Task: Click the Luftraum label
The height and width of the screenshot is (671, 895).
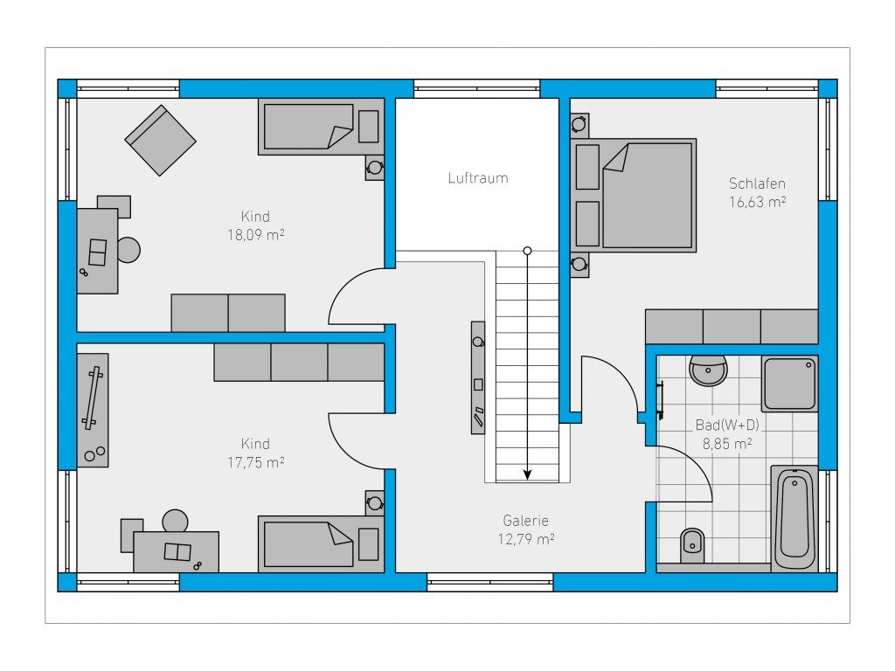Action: tap(478, 178)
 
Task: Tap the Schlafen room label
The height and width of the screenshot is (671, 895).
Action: tap(757, 183)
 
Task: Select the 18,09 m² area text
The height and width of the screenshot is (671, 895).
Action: tap(256, 235)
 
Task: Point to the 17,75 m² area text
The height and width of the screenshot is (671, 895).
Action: tap(256, 462)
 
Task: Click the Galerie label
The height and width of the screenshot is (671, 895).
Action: tap(525, 521)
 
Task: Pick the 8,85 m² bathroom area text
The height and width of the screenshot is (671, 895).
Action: tap(726, 443)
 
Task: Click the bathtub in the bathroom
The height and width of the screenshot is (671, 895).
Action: tap(794, 518)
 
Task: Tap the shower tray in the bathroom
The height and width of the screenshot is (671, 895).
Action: tap(790, 384)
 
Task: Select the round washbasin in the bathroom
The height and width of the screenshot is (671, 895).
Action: tap(708, 370)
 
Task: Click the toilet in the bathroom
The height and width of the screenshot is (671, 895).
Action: tap(692, 545)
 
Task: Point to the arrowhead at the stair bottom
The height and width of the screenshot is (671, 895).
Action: tap(527, 474)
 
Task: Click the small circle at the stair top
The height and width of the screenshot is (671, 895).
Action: tap(527, 251)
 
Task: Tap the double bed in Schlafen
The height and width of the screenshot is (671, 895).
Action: tap(633, 195)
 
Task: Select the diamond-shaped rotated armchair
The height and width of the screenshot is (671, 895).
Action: tap(161, 141)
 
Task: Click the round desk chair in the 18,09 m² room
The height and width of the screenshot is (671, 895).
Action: tap(129, 250)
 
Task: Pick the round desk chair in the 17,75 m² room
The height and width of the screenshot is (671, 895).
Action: tap(175, 521)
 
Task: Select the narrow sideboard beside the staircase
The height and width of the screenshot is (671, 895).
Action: tap(478, 377)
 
